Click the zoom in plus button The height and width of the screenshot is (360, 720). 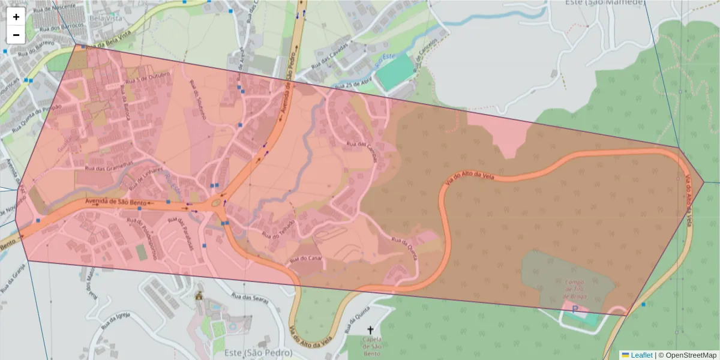(x=16, y=17)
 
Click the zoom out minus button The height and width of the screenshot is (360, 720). (x=16, y=35)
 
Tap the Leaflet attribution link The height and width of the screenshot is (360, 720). (x=641, y=355)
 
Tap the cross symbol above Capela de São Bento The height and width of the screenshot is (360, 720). (x=371, y=330)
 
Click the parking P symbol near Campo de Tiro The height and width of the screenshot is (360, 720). (x=574, y=310)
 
